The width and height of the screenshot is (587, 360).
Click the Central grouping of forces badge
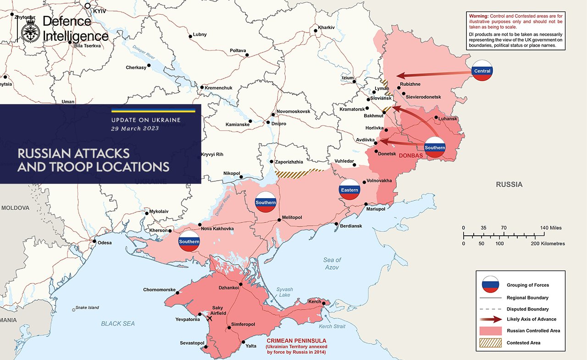482,71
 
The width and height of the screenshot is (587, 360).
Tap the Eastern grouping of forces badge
349,189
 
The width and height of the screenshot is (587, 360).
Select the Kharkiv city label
326,28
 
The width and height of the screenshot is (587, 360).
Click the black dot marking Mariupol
366,204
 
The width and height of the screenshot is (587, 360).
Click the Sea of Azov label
332,263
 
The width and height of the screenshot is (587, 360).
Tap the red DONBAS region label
411,155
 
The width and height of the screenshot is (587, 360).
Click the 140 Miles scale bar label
550,228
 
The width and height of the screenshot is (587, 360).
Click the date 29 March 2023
135,128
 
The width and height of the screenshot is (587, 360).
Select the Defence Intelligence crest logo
30,28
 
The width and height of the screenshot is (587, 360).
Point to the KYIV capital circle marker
88,6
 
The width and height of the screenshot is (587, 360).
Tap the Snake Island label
87,308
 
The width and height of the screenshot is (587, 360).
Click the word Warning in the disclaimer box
478,16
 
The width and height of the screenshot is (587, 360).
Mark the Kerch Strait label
332,327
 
